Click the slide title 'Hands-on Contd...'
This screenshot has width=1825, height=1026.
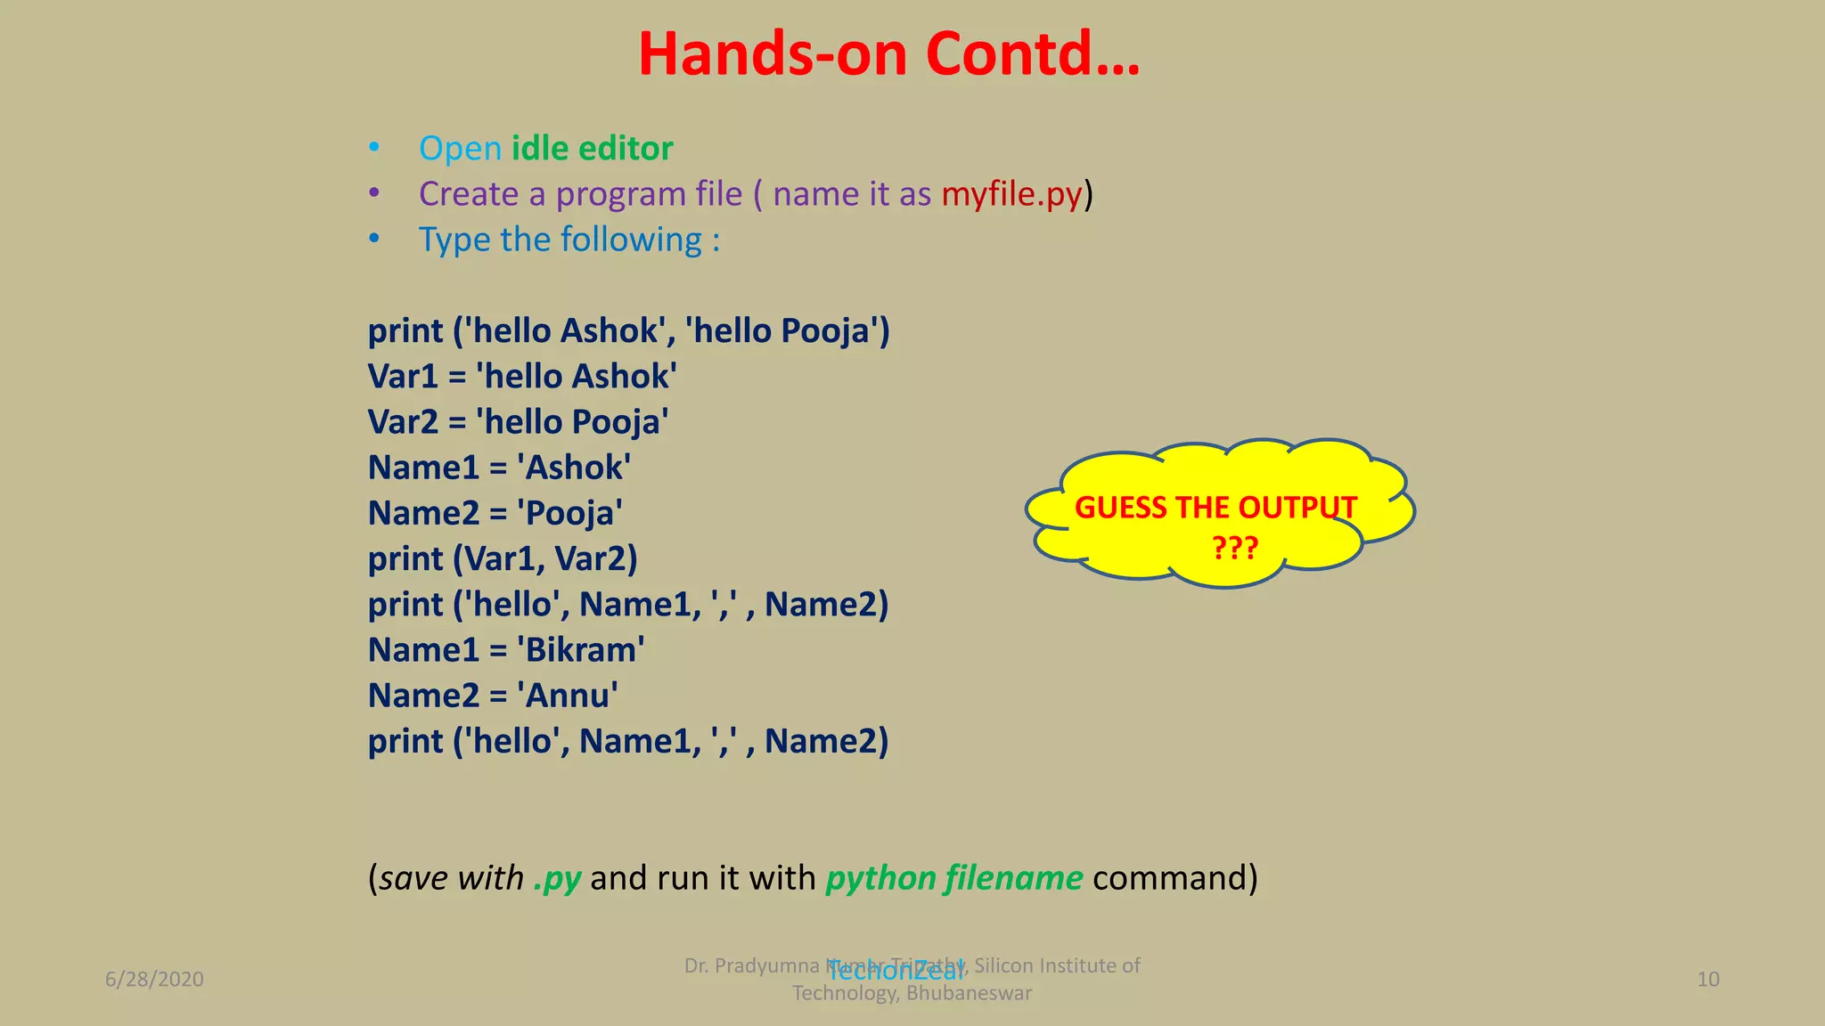[x=888, y=54]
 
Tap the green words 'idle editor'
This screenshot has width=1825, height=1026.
[x=592, y=149]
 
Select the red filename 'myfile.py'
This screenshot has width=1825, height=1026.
[x=1011, y=194]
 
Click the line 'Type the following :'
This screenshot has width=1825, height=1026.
[x=569, y=240]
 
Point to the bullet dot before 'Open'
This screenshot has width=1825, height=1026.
[x=374, y=148]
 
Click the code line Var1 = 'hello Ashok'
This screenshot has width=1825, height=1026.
[x=522, y=377]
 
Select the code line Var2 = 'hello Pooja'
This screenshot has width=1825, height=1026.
[x=518, y=422]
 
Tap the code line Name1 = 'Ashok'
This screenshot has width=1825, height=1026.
[x=499, y=468]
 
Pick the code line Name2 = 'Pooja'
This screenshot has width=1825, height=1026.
[x=495, y=514]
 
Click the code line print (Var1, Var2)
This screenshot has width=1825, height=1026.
[x=503, y=559]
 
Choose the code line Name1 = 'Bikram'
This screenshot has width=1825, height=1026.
[x=506, y=650]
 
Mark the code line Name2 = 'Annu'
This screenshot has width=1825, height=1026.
[x=493, y=696]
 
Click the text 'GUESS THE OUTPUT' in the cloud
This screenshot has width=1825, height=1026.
[x=1215, y=508]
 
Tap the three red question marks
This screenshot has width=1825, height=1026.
[x=1234, y=547]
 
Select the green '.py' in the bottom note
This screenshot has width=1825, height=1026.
[x=557, y=878]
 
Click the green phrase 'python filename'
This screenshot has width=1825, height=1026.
[x=953, y=878]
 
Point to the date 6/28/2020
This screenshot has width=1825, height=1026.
[x=154, y=980]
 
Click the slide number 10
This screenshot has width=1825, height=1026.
[x=1707, y=980]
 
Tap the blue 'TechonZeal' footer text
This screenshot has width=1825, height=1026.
[x=895, y=972]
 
